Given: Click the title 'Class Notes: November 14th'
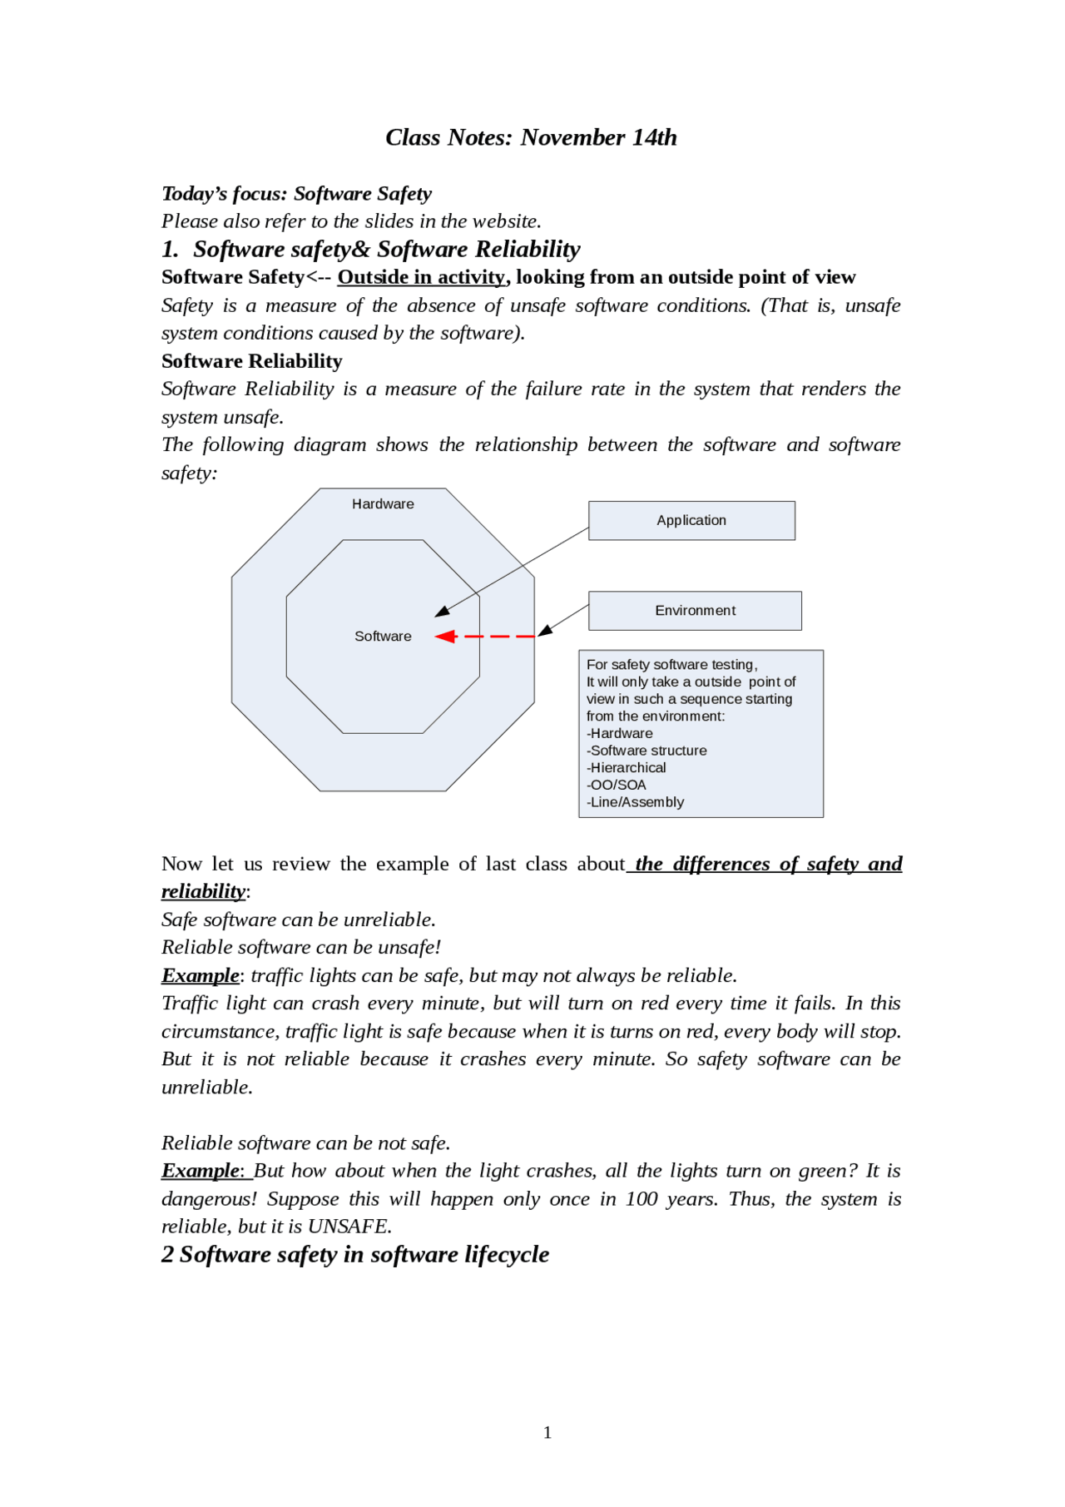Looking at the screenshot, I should coord(531,137).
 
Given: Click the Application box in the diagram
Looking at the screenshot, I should coord(691,520).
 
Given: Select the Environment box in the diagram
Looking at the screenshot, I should coord(695,611).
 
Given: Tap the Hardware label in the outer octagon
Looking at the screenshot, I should coord(383,504).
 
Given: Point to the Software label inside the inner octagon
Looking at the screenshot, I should coord(383,637).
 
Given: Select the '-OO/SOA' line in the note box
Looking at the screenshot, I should coord(617,785).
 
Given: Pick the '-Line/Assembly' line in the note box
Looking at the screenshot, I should coord(636,802).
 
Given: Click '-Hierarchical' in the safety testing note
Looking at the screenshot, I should coord(627,768).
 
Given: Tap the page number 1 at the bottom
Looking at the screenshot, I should coord(547,1432).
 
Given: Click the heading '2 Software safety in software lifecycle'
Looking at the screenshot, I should coord(355,1255).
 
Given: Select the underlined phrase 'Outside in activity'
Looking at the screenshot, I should coord(421,277).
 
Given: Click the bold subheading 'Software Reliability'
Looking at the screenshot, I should coord(252,361).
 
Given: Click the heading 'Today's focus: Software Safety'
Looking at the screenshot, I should coord(296,194).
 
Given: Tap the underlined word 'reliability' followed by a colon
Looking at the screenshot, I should coord(203,892).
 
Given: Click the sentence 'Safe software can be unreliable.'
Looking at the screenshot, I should coord(299,920).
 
